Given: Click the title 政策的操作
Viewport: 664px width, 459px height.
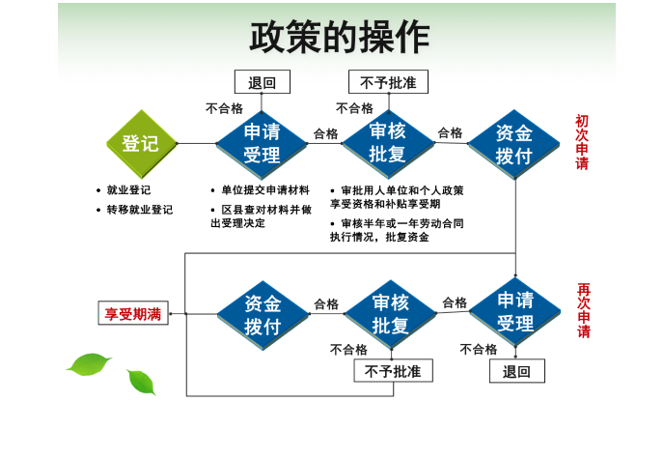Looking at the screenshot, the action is coord(340,37).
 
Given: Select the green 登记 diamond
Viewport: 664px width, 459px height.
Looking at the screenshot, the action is coord(141,144).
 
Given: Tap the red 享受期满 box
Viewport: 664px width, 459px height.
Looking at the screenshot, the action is coord(133,313).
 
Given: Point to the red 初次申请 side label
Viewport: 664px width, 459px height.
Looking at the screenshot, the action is coord(582,142).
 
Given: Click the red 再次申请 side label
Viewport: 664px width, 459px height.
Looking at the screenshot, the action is coord(584,310).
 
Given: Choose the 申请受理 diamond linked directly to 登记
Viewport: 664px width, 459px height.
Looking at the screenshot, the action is coord(262,144).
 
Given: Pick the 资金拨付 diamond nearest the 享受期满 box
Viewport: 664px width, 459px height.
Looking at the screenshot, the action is coord(263,315).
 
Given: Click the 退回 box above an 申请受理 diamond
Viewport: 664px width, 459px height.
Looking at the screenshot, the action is coord(263,82).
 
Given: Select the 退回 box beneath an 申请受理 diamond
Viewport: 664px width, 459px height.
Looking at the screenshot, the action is coord(517,371).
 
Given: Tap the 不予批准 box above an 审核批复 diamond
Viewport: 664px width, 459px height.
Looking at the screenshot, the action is coord(388,82).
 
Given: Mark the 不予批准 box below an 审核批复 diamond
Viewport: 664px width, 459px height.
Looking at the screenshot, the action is coord(394,371).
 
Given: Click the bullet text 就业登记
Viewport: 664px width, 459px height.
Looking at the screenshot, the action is coord(128,189).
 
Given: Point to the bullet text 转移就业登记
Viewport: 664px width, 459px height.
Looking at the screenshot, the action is coord(140,210).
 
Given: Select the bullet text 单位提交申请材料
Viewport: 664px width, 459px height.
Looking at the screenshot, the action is coord(265,189).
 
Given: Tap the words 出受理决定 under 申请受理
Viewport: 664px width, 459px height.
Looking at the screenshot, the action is coord(238,223).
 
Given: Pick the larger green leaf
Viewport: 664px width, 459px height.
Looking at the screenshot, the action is coord(89,364).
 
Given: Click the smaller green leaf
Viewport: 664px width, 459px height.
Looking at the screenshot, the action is coord(142,382).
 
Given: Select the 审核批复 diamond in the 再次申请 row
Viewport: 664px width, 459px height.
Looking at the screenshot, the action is coord(391,314).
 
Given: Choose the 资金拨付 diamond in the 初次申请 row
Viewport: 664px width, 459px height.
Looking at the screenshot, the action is coord(514,144).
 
